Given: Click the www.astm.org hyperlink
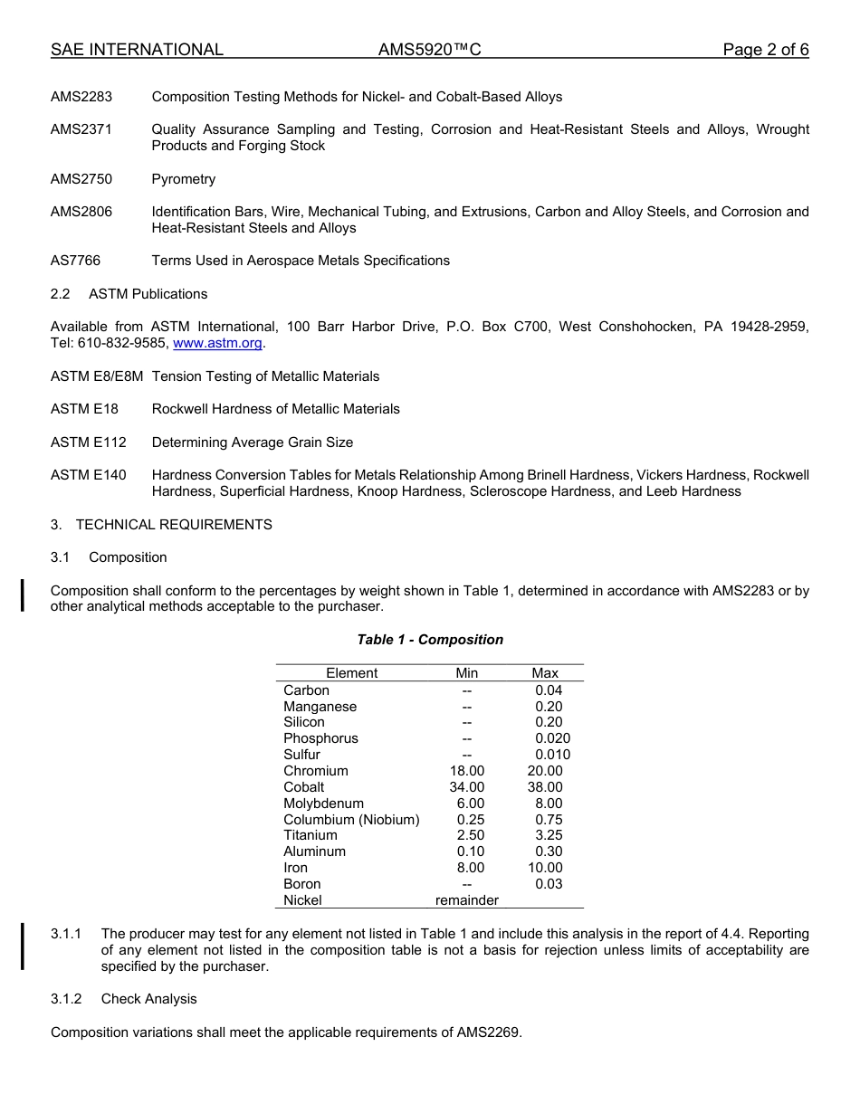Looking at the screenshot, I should [x=217, y=344].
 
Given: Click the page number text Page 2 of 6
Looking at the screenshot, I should [x=765, y=50].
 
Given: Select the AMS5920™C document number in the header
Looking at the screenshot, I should [x=429, y=50].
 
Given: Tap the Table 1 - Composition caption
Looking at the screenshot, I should [x=430, y=640].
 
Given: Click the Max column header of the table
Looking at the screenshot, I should [x=545, y=673].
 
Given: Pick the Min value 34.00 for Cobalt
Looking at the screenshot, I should [x=467, y=787].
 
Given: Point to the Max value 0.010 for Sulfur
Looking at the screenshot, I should [x=552, y=755].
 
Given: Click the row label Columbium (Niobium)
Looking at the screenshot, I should [x=351, y=820].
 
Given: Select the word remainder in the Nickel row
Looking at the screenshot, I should [x=467, y=900].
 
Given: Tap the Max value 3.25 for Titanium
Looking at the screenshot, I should [x=549, y=835].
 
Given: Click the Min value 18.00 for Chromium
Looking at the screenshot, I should [x=467, y=771].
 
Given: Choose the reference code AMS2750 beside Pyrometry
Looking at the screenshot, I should [x=81, y=179].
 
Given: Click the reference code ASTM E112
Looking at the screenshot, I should [x=89, y=442].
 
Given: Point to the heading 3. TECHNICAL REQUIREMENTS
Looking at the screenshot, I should [x=161, y=525].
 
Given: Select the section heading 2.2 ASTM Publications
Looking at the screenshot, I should [x=129, y=294].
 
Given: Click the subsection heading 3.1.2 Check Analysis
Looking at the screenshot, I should [x=123, y=999].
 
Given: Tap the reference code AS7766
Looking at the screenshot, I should [x=75, y=261].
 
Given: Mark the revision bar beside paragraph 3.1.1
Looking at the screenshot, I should [x=23, y=946].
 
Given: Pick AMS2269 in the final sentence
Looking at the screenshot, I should [x=488, y=1032].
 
